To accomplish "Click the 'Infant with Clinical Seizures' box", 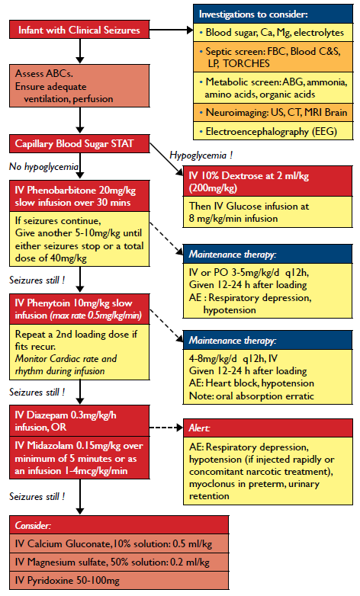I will pos(79,30).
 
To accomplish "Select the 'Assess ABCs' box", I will pos(79,86).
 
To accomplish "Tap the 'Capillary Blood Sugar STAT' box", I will pos(79,144).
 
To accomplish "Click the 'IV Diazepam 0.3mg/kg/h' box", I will pos(79,420).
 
